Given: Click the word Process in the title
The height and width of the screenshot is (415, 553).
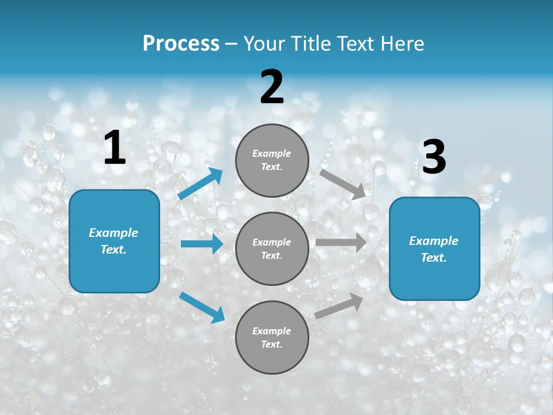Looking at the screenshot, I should [x=181, y=44].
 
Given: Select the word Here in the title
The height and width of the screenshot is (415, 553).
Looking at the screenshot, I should [x=401, y=44].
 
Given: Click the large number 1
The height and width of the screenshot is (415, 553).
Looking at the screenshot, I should [x=115, y=148].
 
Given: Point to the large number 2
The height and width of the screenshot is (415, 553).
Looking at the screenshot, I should [x=272, y=87].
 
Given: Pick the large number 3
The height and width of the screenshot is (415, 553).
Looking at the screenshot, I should [x=434, y=157].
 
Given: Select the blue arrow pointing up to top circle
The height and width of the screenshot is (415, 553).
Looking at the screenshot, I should [x=200, y=184].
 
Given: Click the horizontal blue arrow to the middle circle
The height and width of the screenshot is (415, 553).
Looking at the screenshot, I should [x=202, y=244].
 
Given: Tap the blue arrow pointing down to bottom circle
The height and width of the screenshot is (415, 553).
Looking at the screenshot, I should [x=202, y=307].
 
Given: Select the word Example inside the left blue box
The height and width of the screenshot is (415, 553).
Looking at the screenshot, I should [x=113, y=233].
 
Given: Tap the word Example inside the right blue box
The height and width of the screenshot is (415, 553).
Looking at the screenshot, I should [x=434, y=241].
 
